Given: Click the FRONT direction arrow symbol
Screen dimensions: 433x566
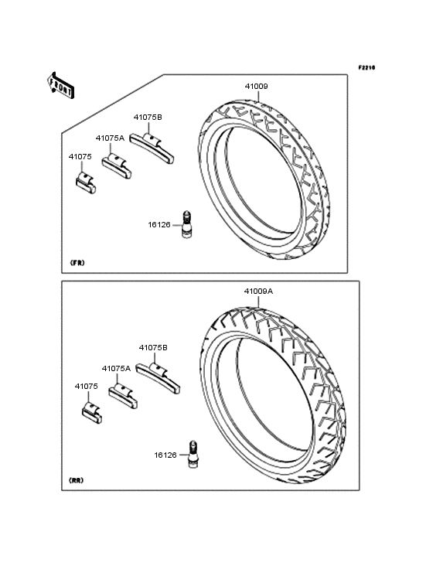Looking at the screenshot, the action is [x=60, y=85].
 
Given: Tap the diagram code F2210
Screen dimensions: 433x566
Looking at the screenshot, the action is [x=367, y=67].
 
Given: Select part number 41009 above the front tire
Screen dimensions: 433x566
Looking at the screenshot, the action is [x=257, y=87].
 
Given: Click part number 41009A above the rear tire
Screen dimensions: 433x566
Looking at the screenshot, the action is [x=258, y=291].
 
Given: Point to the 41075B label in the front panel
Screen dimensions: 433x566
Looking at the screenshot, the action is [x=148, y=118].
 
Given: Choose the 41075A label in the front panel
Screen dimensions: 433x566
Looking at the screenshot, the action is [x=110, y=138].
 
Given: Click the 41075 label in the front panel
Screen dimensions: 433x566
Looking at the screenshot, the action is [x=80, y=157].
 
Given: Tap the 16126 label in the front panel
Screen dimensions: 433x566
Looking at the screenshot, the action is [x=159, y=224].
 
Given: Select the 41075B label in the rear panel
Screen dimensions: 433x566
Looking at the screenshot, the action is [x=153, y=348].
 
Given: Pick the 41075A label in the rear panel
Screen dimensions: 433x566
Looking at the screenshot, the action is [x=116, y=369].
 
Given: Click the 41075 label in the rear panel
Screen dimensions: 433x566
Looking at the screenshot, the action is [x=87, y=387].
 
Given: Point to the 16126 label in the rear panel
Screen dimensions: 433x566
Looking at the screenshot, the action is [x=165, y=455].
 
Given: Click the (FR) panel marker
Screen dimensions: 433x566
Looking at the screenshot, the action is [x=77, y=263].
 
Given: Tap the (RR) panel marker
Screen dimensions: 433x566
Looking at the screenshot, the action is [x=76, y=480].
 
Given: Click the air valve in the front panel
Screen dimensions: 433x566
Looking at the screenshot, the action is [x=186, y=223].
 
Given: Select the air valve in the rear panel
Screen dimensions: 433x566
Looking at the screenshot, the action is [x=193, y=455].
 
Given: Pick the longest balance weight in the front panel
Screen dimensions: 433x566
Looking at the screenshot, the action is [x=152, y=148].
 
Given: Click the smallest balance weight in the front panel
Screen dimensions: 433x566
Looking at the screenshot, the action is [x=86, y=183].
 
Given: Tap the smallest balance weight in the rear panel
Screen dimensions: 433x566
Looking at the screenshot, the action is [x=92, y=413].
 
